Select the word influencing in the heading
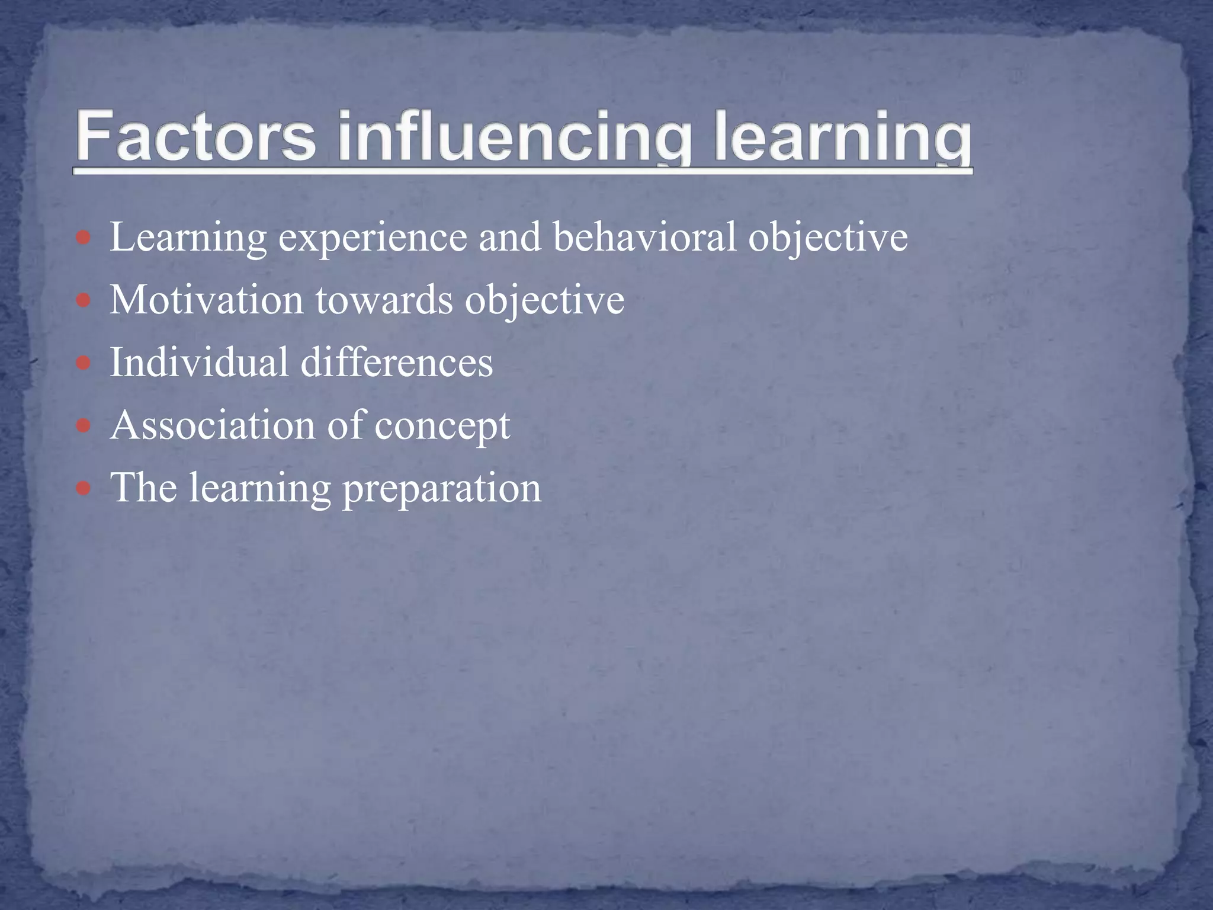coord(514,137)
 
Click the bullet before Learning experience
coord(84,238)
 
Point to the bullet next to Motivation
coord(84,301)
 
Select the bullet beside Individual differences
coord(84,363)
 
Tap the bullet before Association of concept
coord(84,426)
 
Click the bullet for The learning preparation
coord(84,489)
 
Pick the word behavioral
coord(644,237)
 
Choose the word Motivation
coord(207,300)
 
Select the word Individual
coord(199,362)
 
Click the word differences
coord(396,362)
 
